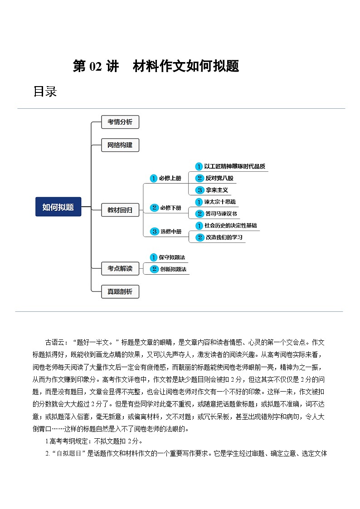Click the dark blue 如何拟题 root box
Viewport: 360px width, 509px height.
[58, 207]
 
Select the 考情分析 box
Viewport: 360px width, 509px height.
[120, 122]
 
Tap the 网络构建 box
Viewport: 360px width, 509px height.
[120, 145]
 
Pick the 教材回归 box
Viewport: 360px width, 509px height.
[120, 210]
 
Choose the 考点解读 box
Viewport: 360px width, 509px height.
[120, 268]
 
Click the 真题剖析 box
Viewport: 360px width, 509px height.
[120, 291]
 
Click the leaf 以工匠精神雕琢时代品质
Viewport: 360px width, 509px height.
[234, 166]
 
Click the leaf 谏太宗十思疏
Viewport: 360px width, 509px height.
[219, 202]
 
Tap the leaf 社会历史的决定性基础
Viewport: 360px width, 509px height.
[231, 225]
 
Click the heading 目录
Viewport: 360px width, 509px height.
[45, 92]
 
